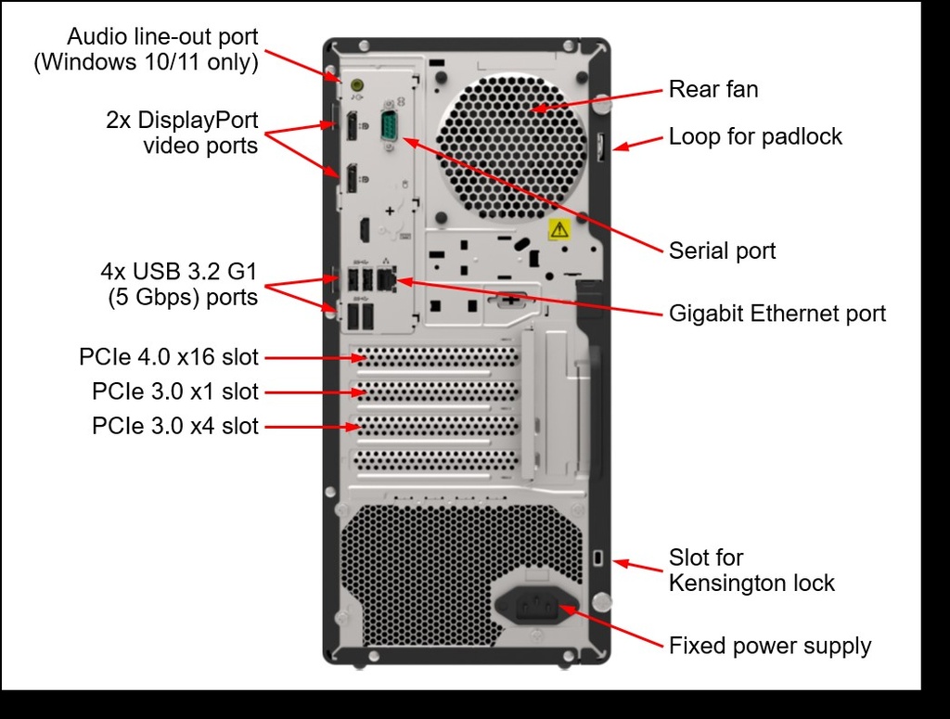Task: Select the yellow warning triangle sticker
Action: pos(558,229)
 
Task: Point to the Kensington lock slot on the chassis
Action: pos(598,558)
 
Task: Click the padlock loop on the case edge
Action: pos(601,146)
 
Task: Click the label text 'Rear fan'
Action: pos(712,90)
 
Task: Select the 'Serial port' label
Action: pos(722,250)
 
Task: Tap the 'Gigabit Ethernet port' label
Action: pos(777,314)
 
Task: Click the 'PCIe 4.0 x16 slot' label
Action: pos(169,357)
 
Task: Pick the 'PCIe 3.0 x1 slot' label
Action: pos(174,392)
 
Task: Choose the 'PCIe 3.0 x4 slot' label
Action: pos(174,427)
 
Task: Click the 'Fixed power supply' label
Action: pos(769,646)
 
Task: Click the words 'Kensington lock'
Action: pos(751,584)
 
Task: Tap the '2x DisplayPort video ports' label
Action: pos(182,133)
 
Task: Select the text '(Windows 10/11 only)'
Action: pos(145,63)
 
